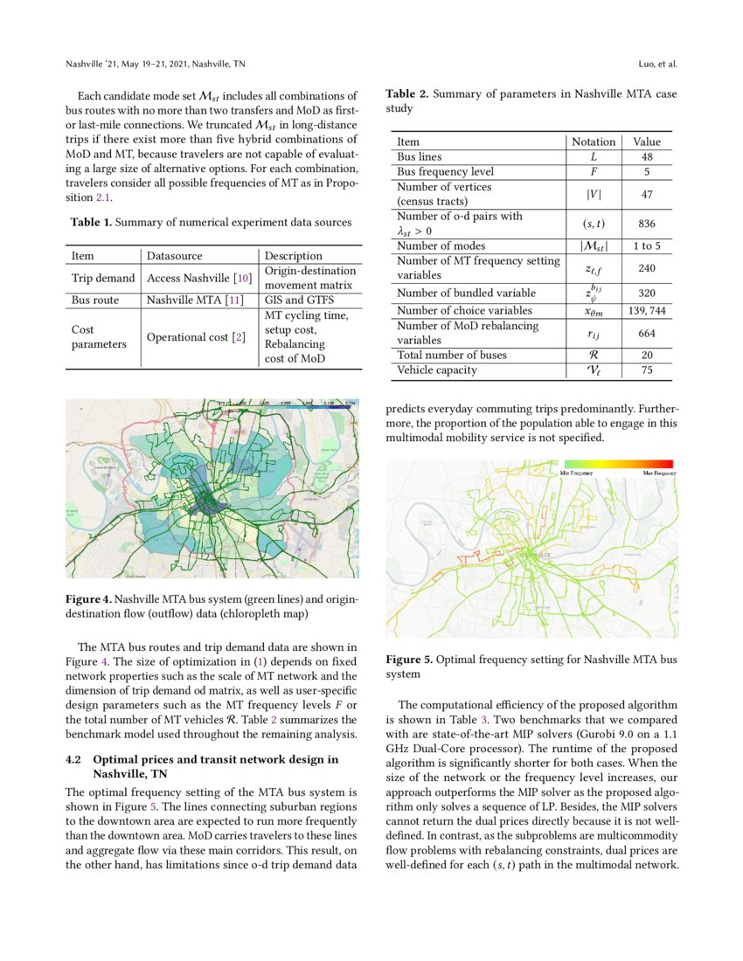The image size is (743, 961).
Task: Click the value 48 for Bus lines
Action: pos(647,156)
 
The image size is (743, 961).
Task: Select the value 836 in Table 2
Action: pos(647,224)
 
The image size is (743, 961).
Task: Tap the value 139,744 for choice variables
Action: pos(647,310)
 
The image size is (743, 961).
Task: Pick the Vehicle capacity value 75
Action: pos(647,370)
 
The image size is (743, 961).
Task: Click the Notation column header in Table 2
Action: pos(594,142)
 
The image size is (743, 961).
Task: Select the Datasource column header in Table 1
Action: pos(174,256)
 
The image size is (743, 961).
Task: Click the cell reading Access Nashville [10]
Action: pos(199,278)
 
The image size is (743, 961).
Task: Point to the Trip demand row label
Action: pos(102,278)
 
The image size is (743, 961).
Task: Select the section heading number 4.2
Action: pos(74,760)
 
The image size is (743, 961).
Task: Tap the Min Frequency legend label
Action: pos(577,473)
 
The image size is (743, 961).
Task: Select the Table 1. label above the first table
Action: pos(90,223)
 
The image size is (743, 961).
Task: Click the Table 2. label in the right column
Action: pos(406,93)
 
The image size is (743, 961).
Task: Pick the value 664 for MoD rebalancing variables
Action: pos(647,333)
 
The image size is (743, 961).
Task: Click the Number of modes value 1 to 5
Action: pos(647,245)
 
